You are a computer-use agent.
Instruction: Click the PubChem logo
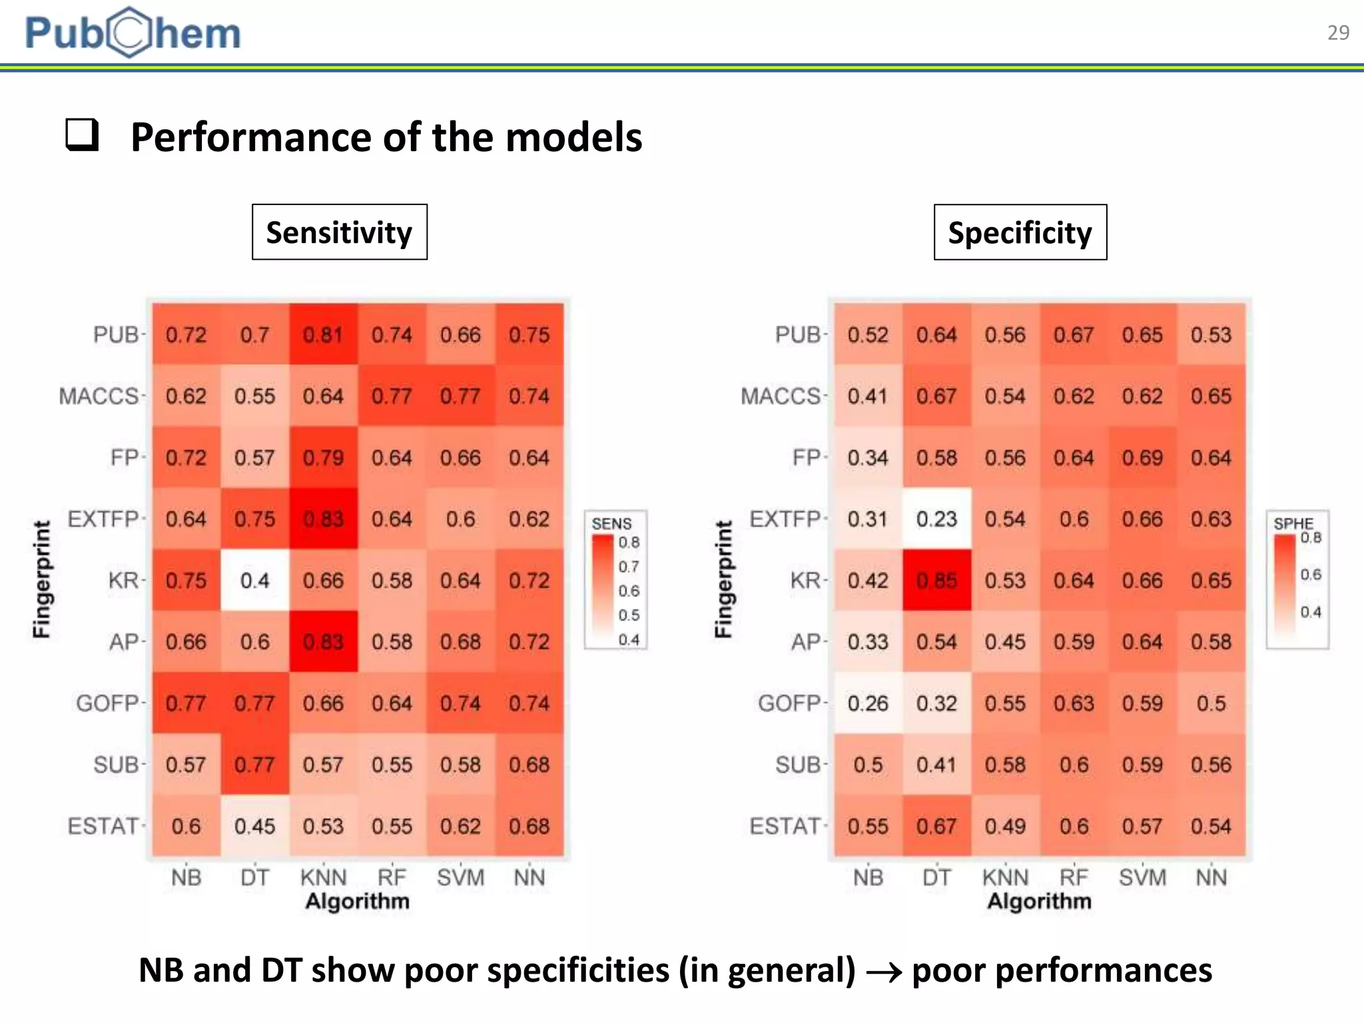133,33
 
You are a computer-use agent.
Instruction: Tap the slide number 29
1337,33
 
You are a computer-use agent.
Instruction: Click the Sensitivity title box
339,232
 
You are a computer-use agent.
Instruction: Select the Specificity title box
1020,232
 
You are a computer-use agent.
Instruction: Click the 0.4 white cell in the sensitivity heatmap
254,580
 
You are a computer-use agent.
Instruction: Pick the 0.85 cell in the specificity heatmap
936,580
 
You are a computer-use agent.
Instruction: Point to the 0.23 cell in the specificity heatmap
936,519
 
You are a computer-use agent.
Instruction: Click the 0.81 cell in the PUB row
323,334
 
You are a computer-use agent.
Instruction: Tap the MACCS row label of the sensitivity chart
99,396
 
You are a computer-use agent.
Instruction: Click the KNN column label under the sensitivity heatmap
323,877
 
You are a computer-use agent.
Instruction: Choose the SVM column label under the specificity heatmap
1142,877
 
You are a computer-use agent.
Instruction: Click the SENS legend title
611,523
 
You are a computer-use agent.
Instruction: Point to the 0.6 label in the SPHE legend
1311,574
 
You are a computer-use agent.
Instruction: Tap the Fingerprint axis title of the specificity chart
723,579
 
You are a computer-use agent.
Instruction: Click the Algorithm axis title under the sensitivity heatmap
357,901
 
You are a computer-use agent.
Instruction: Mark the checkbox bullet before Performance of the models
82,135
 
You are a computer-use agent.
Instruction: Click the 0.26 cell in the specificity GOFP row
868,703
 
